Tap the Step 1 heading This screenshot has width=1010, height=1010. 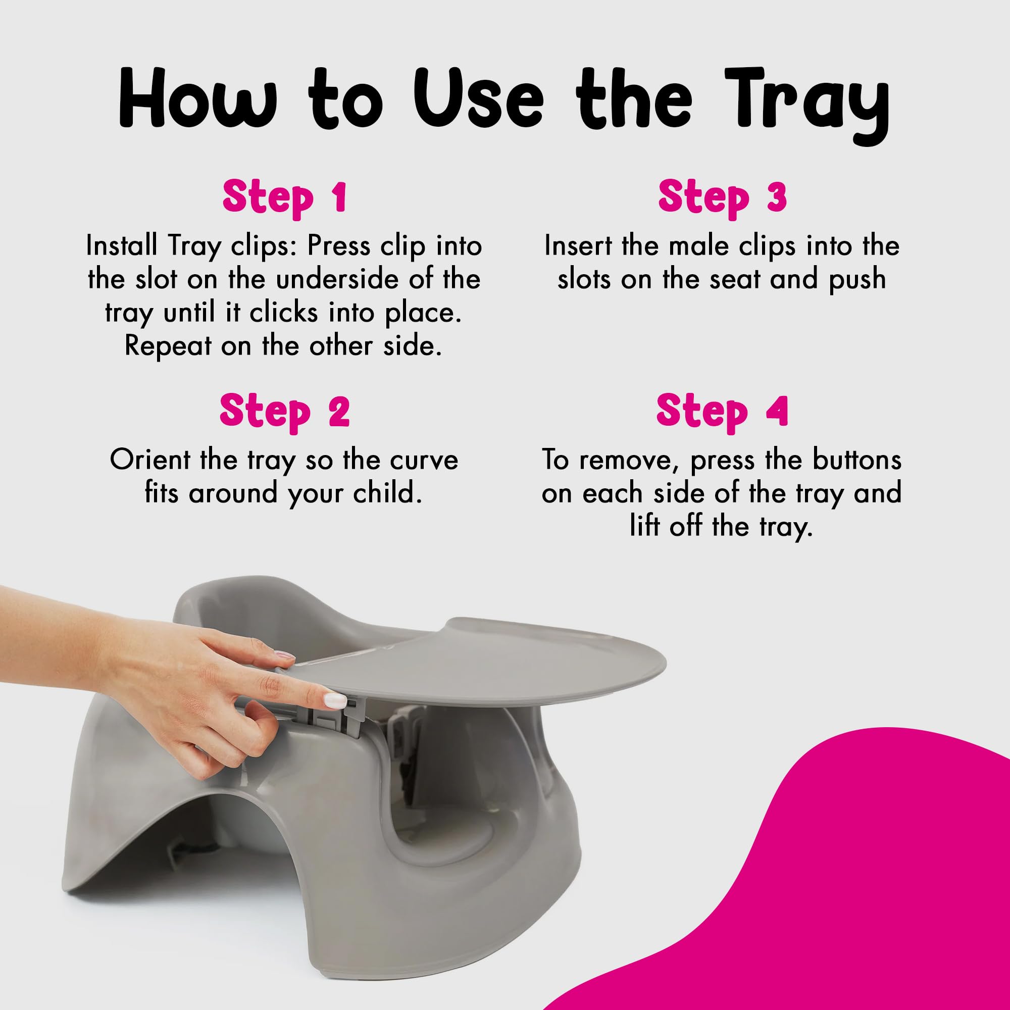(x=285, y=198)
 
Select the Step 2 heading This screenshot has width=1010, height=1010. (x=285, y=413)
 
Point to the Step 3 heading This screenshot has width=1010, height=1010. (x=722, y=198)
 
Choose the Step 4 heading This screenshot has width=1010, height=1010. (x=722, y=413)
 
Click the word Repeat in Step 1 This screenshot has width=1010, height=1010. (x=168, y=346)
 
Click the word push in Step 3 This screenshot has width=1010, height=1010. (x=857, y=280)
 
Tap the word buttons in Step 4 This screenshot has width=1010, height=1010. (x=857, y=460)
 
